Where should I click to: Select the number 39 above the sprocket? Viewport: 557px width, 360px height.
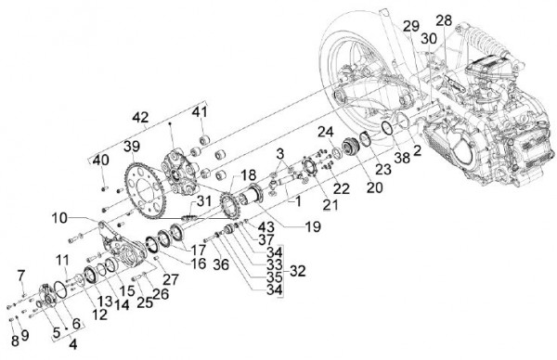[x=131, y=147]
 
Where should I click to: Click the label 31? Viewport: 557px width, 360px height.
[x=204, y=201]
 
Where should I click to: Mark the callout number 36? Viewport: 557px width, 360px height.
[x=220, y=263]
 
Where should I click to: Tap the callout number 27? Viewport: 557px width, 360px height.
[x=169, y=277]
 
